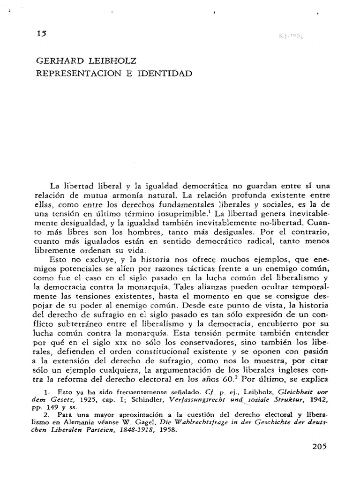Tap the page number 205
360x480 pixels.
[321, 446]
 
